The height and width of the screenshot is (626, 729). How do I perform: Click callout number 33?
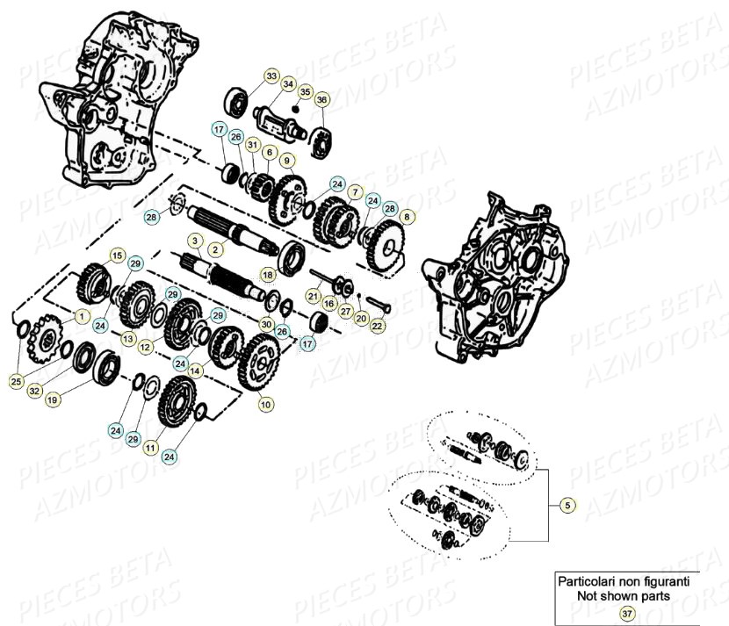coord(271,77)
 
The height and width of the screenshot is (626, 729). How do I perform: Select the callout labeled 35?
coord(305,92)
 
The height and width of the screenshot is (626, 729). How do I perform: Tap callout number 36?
coord(321,100)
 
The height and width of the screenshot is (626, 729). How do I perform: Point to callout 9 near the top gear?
coord(285,160)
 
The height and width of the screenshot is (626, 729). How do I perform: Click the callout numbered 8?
coord(406,215)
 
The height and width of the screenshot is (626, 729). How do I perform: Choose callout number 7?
coord(355,191)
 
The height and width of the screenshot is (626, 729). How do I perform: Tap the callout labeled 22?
coord(377,326)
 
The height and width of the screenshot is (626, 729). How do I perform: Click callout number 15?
coord(117,255)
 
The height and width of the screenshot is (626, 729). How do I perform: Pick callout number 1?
coord(82,314)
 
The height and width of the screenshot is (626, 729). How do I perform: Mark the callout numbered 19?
coord(53,399)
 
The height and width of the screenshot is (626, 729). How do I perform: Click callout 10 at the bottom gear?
coord(265,405)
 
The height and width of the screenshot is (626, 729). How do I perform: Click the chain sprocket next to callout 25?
coord(41,341)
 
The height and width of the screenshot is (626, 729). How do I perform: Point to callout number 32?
coord(34,391)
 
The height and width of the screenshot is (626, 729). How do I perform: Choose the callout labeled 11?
coord(150,448)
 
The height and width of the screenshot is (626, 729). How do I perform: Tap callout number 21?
coord(314,298)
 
